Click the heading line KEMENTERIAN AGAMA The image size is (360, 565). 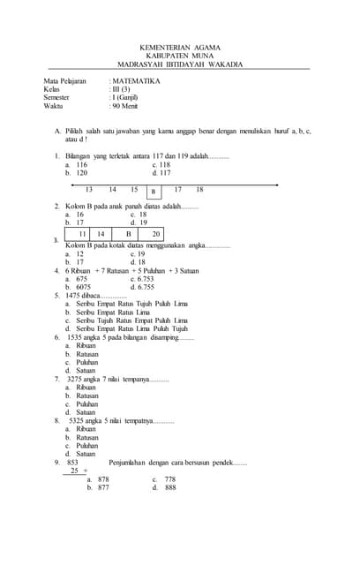click(180, 48)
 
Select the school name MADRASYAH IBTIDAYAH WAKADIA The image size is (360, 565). click(180, 64)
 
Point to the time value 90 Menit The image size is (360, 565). click(124, 105)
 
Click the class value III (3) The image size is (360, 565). click(121, 89)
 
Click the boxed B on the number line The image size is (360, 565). click(154, 191)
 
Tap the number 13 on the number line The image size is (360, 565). click(89, 190)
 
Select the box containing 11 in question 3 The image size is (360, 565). click(83, 234)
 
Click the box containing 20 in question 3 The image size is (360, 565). click(155, 234)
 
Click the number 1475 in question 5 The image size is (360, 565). click(74, 296)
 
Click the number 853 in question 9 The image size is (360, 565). click(72, 462)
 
